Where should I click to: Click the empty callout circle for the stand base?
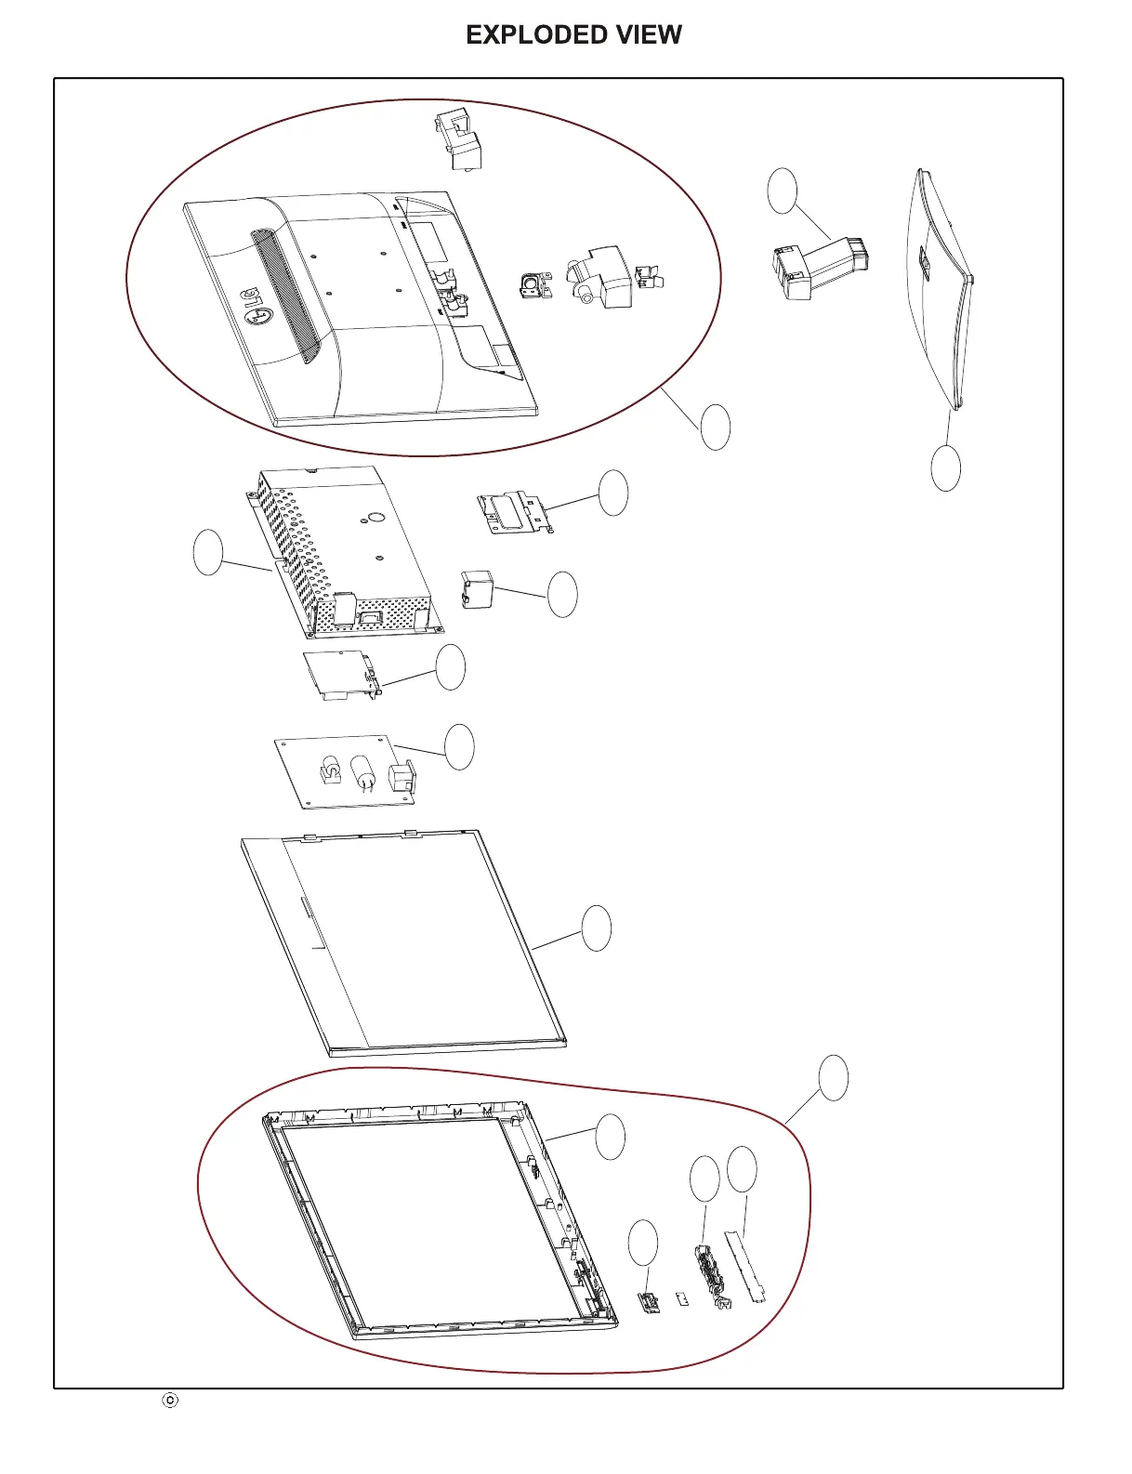pyautogui.click(x=945, y=467)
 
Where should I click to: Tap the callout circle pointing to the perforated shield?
pyautogui.click(x=208, y=552)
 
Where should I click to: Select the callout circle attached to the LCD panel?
pyautogui.click(x=597, y=928)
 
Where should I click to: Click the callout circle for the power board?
pyautogui.click(x=459, y=747)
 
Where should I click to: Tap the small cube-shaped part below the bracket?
pyautogui.click(x=476, y=590)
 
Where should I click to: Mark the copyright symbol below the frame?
pyautogui.click(x=170, y=1400)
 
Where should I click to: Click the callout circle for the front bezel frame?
pyautogui.click(x=610, y=1137)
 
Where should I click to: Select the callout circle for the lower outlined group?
pyautogui.click(x=834, y=1078)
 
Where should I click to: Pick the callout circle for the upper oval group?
pyautogui.click(x=716, y=428)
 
